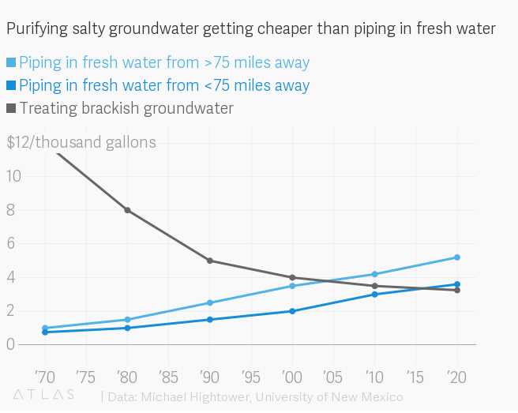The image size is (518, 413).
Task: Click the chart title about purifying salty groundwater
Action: pyautogui.click(x=251, y=29)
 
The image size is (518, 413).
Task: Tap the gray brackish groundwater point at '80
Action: pyautogui.click(x=127, y=210)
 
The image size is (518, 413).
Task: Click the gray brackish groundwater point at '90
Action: pyautogui.click(x=209, y=261)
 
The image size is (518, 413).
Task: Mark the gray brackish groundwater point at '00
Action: pyautogui.click(x=292, y=277)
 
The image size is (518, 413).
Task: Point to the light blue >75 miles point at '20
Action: pyautogui.click(x=456, y=257)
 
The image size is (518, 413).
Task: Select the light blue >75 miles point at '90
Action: pyautogui.click(x=209, y=302)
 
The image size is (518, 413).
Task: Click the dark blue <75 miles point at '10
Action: pyautogui.click(x=374, y=294)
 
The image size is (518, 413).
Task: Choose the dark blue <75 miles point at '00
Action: pyautogui.click(x=292, y=311)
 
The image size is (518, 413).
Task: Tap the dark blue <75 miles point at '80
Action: pyautogui.click(x=127, y=328)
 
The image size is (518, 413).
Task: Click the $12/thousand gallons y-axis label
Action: pyautogui.click(x=81, y=142)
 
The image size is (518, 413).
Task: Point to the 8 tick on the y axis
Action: pyautogui.click(x=12, y=210)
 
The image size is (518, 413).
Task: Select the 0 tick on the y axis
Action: pyautogui.click(x=11, y=344)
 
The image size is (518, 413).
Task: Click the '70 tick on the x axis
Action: pyautogui.click(x=44, y=374)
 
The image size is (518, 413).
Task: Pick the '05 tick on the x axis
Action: pyautogui.click(x=332, y=374)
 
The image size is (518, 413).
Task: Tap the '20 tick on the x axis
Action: pyautogui.click(x=456, y=374)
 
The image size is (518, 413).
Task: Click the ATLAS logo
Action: pyautogui.click(x=43, y=394)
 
